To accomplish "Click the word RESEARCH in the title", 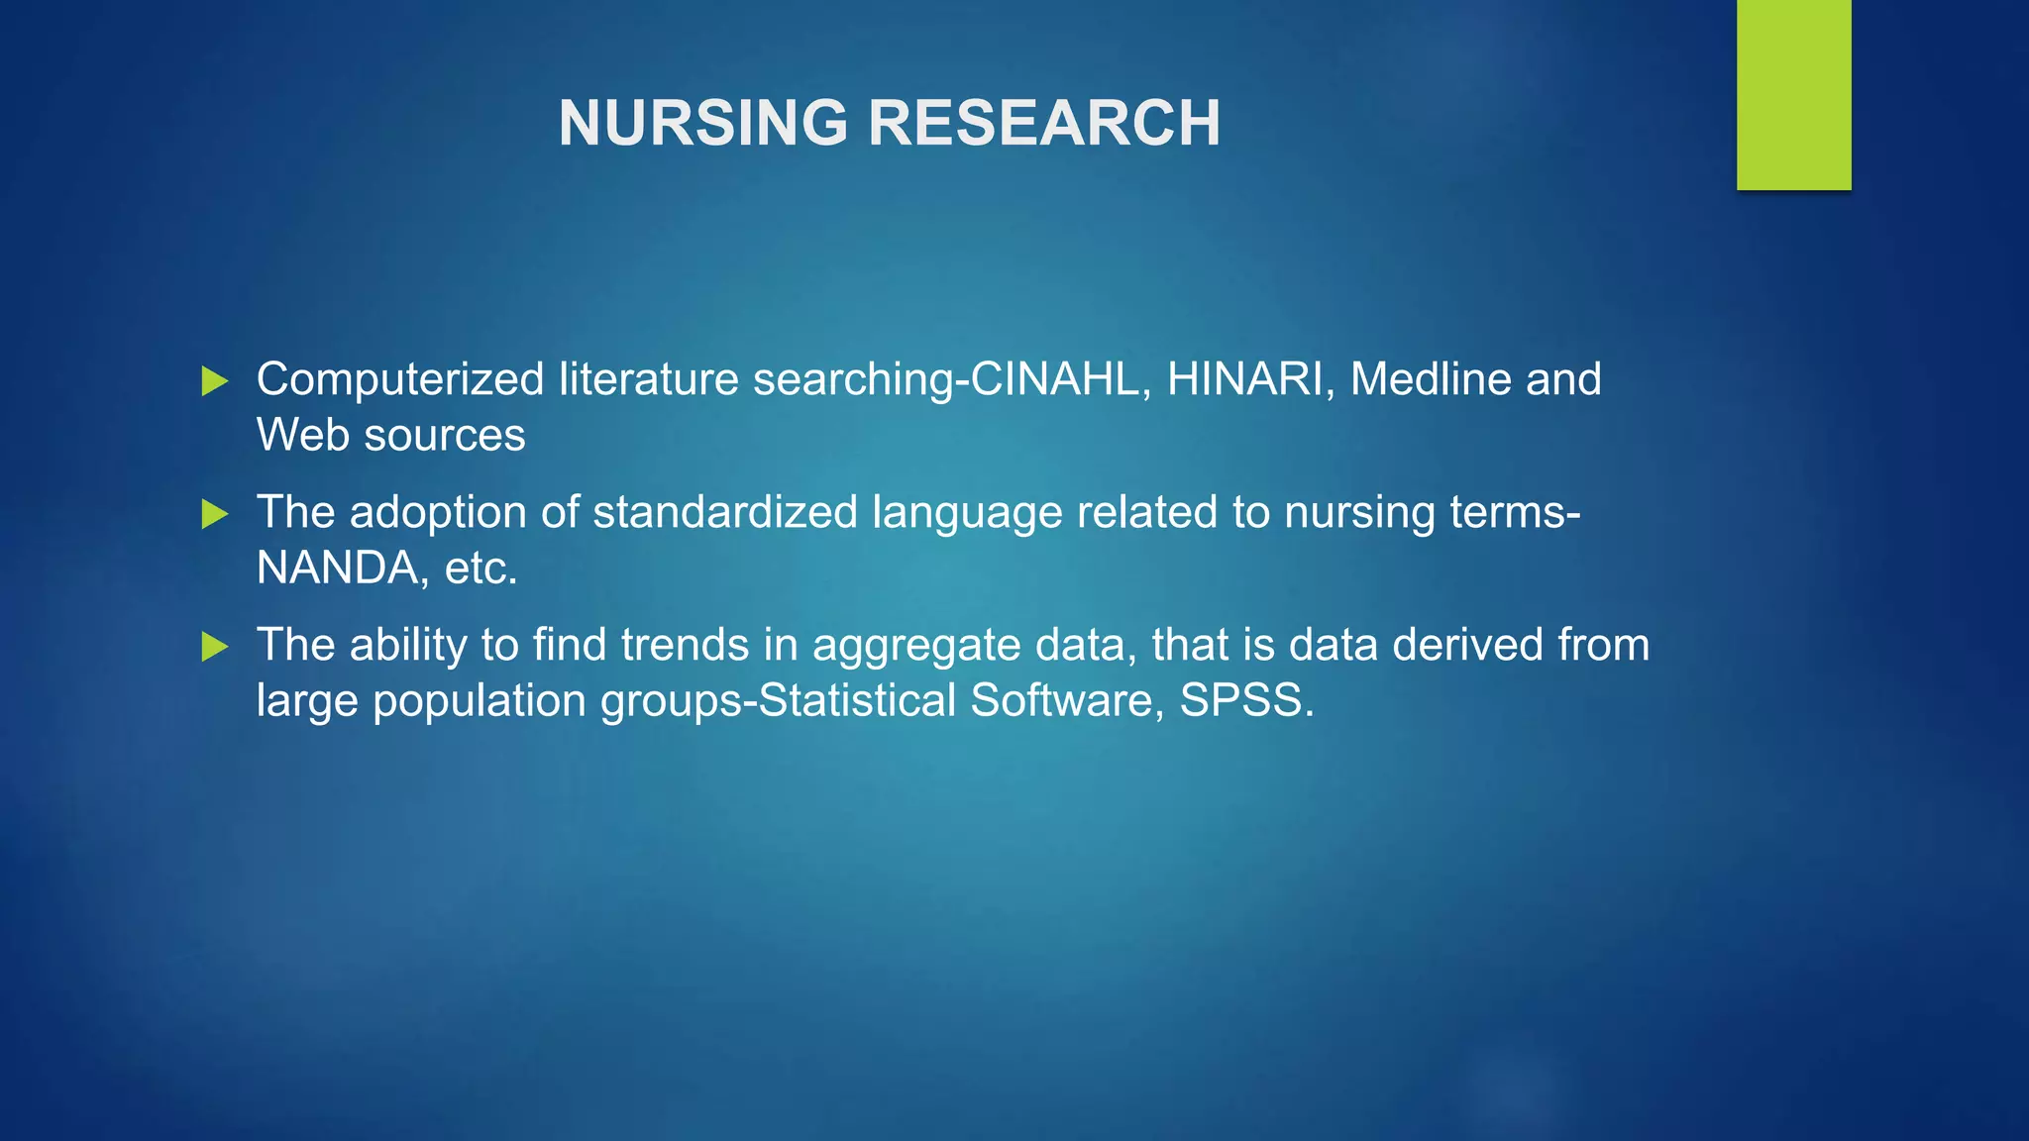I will tap(1044, 124).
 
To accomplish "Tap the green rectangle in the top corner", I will tap(1793, 94).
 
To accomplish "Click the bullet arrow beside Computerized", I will tap(215, 381).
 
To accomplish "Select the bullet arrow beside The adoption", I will tap(215, 514).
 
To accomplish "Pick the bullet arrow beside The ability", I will tap(215, 647).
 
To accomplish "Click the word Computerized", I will tap(400, 379).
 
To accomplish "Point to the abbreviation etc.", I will tap(481, 569).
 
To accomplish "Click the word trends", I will tap(685, 645).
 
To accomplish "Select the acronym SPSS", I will tap(1245, 700).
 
